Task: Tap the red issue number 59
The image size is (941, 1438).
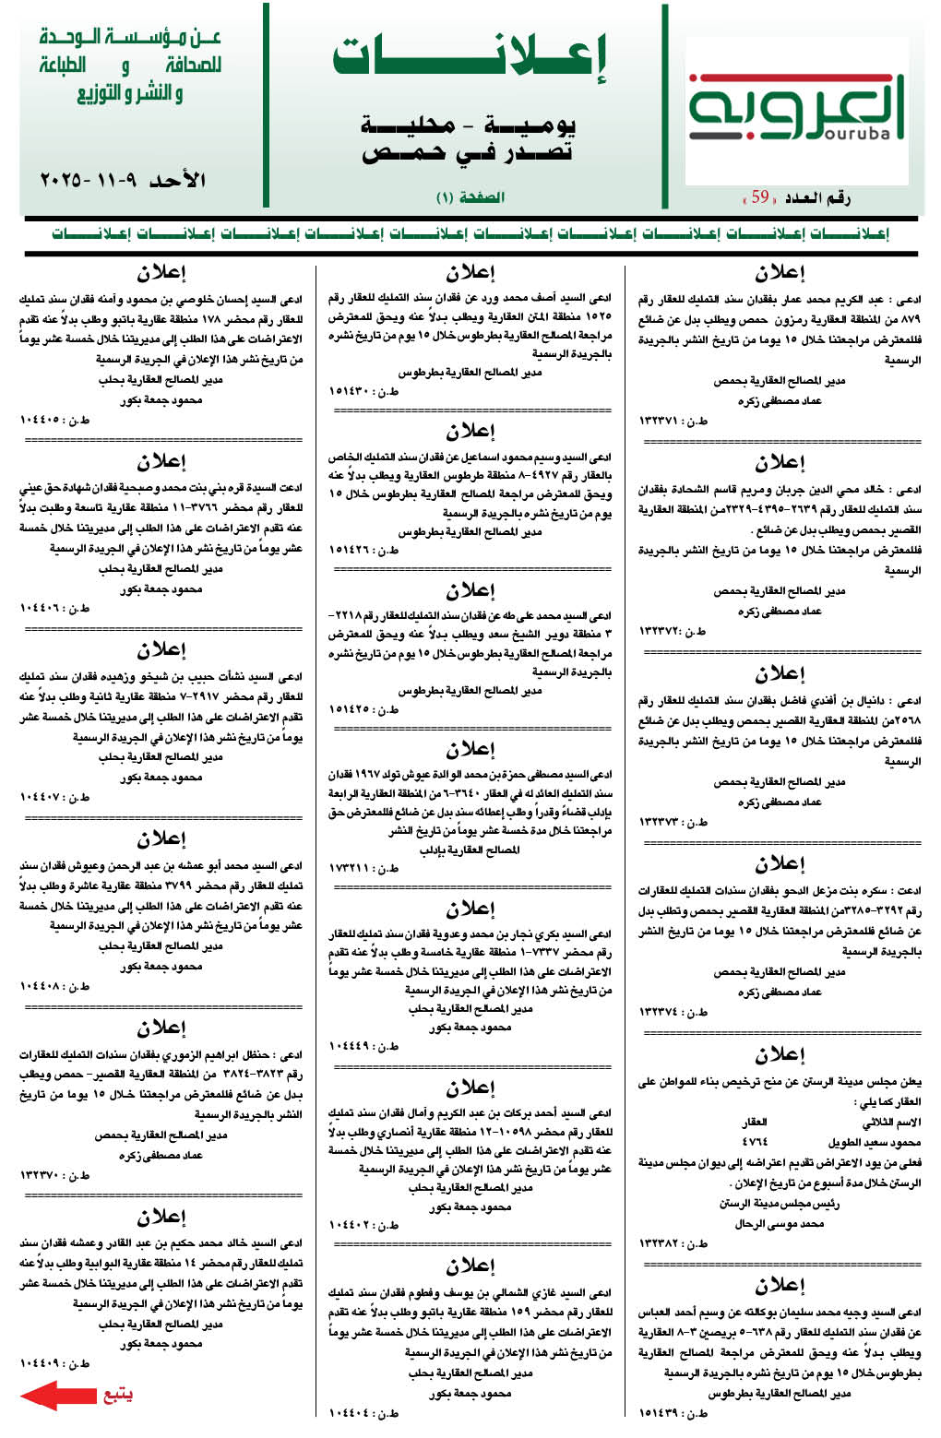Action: click(x=759, y=196)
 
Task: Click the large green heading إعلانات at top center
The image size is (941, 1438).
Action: click(x=470, y=57)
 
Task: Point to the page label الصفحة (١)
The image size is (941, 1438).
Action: click(x=470, y=197)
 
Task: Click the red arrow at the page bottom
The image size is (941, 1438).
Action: click(x=57, y=1396)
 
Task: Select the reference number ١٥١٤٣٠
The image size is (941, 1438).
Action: click(x=351, y=391)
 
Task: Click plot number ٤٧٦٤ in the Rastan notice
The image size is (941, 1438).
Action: click(x=755, y=1142)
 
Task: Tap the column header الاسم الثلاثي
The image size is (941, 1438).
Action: click(x=891, y=1123)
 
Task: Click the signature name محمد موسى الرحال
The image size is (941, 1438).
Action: click(x=779, y=1224)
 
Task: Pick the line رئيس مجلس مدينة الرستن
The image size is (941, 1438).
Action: click(x=779, y=1204)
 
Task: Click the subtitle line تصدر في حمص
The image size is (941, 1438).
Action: click(x=468, y=152)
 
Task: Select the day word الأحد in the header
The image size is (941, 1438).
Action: click(x=177, y=179)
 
